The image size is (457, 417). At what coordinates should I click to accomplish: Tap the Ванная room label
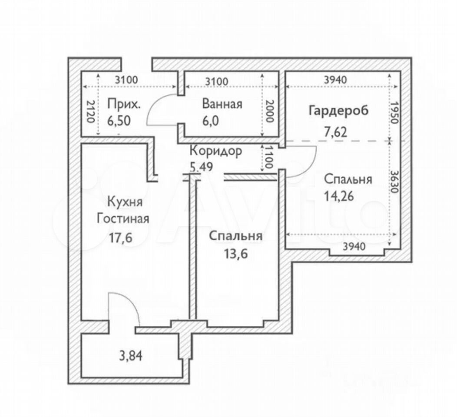[x=222, y=104]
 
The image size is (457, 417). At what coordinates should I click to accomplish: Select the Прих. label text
[x=124, y=104]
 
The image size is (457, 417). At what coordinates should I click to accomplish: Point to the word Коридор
[x=215, y=151]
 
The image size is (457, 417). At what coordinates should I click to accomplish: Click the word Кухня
[x=125, y=202]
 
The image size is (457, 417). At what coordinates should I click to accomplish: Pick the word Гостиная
[x=123, y=218]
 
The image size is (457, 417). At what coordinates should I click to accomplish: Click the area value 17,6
[x=121, y=238]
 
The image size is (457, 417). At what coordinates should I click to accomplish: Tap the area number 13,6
[x=236, y=254]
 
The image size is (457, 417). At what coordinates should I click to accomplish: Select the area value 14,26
[x=339, y=196]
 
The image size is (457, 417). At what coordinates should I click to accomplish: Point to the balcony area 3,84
[x=131, y=356]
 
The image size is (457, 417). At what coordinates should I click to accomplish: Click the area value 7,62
[x=335, y=132]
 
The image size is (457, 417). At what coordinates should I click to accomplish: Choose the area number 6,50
[x=119, y=121]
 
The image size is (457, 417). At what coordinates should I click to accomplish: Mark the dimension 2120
[x=91, y=111]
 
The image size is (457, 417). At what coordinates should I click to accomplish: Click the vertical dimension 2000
[x=270, y=111]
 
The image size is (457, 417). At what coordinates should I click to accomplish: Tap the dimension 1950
[x=394, y=113]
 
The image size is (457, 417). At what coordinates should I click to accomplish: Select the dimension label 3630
[x=394, y=182]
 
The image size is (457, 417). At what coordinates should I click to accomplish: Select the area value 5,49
[x=202, y=167]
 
